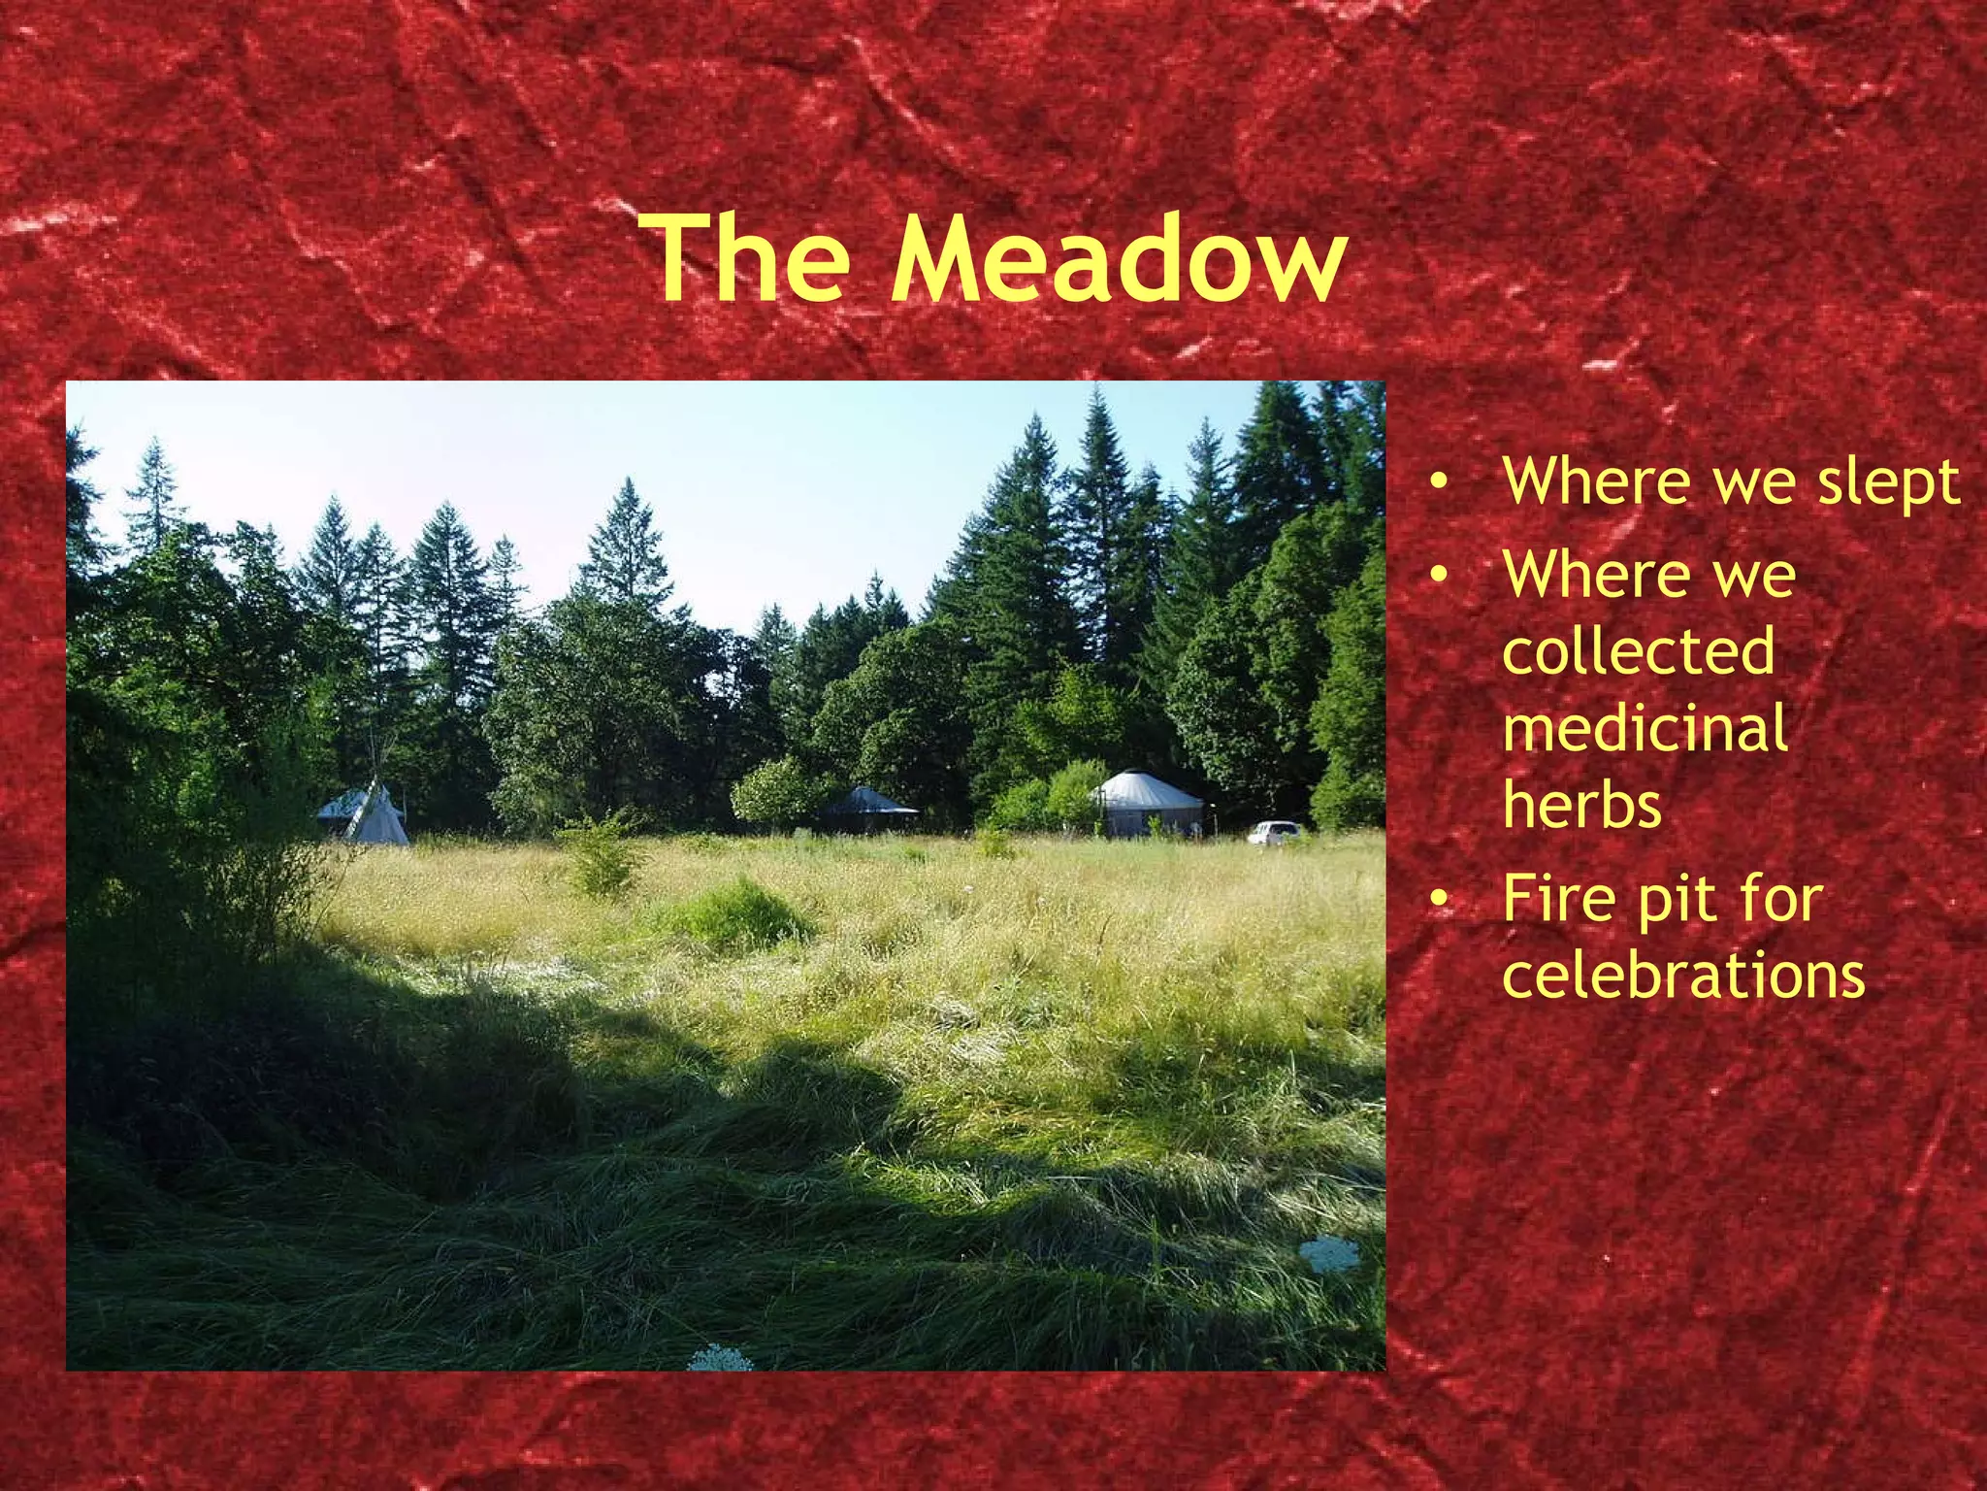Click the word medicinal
point(1645,729)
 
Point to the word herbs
point(1581,806)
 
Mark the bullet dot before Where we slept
point(1442,481)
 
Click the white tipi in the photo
point(376,817)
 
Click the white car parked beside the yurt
point(1273,832)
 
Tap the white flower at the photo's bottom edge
point(720,1358)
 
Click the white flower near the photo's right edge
point(1329,1254)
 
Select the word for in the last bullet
point(1781,899)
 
